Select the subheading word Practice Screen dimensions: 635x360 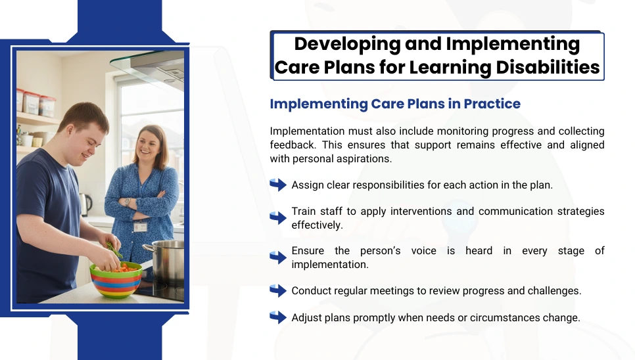(492, 104)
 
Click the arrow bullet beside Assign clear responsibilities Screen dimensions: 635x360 (278, 185)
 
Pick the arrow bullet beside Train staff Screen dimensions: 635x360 (278, 218)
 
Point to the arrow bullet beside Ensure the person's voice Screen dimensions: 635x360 (278, 258)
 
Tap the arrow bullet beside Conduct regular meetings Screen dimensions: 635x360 (278, 290)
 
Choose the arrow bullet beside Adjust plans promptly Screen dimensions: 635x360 (278, 317)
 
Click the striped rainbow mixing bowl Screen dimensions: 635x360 (116, 281)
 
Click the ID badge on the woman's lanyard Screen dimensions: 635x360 (140, 227)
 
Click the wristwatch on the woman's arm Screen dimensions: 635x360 (127, 202)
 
